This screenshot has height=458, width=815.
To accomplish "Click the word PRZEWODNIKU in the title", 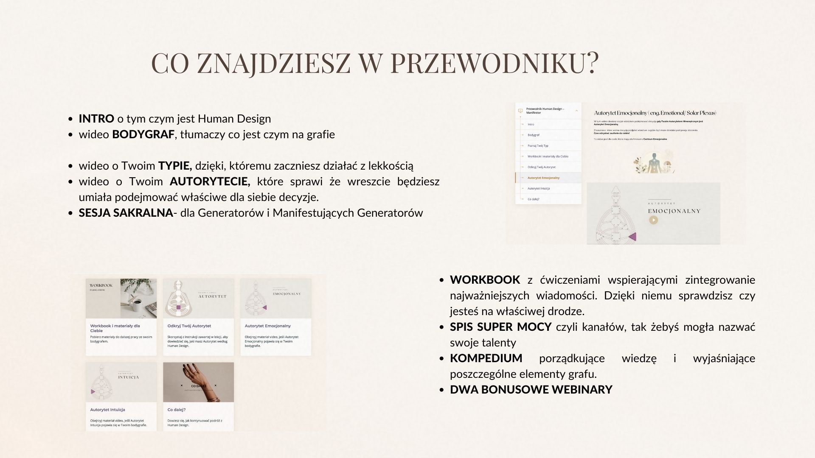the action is click(494, 64).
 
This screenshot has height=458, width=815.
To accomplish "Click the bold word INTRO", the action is click(96, 119).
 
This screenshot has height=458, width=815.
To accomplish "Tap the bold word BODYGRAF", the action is click(143, 134).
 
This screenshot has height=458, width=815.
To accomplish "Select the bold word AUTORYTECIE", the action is click(210, 182).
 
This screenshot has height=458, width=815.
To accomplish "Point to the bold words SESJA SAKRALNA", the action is click(126, 213).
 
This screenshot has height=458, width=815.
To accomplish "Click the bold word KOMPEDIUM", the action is click(486, 358).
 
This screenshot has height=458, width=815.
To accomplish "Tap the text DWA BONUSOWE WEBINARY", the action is click(531, 390).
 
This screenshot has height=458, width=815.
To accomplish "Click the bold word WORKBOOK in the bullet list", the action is click(485, 280).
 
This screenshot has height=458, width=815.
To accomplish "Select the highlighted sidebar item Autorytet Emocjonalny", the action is click(543, 178).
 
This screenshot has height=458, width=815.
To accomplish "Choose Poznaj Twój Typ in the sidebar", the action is click(538, 145).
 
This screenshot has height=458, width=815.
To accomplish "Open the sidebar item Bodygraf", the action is click(533, 135).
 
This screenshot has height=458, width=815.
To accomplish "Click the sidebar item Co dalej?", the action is click(533, 199).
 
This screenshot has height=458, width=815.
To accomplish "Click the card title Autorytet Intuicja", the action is click(107, 410).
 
